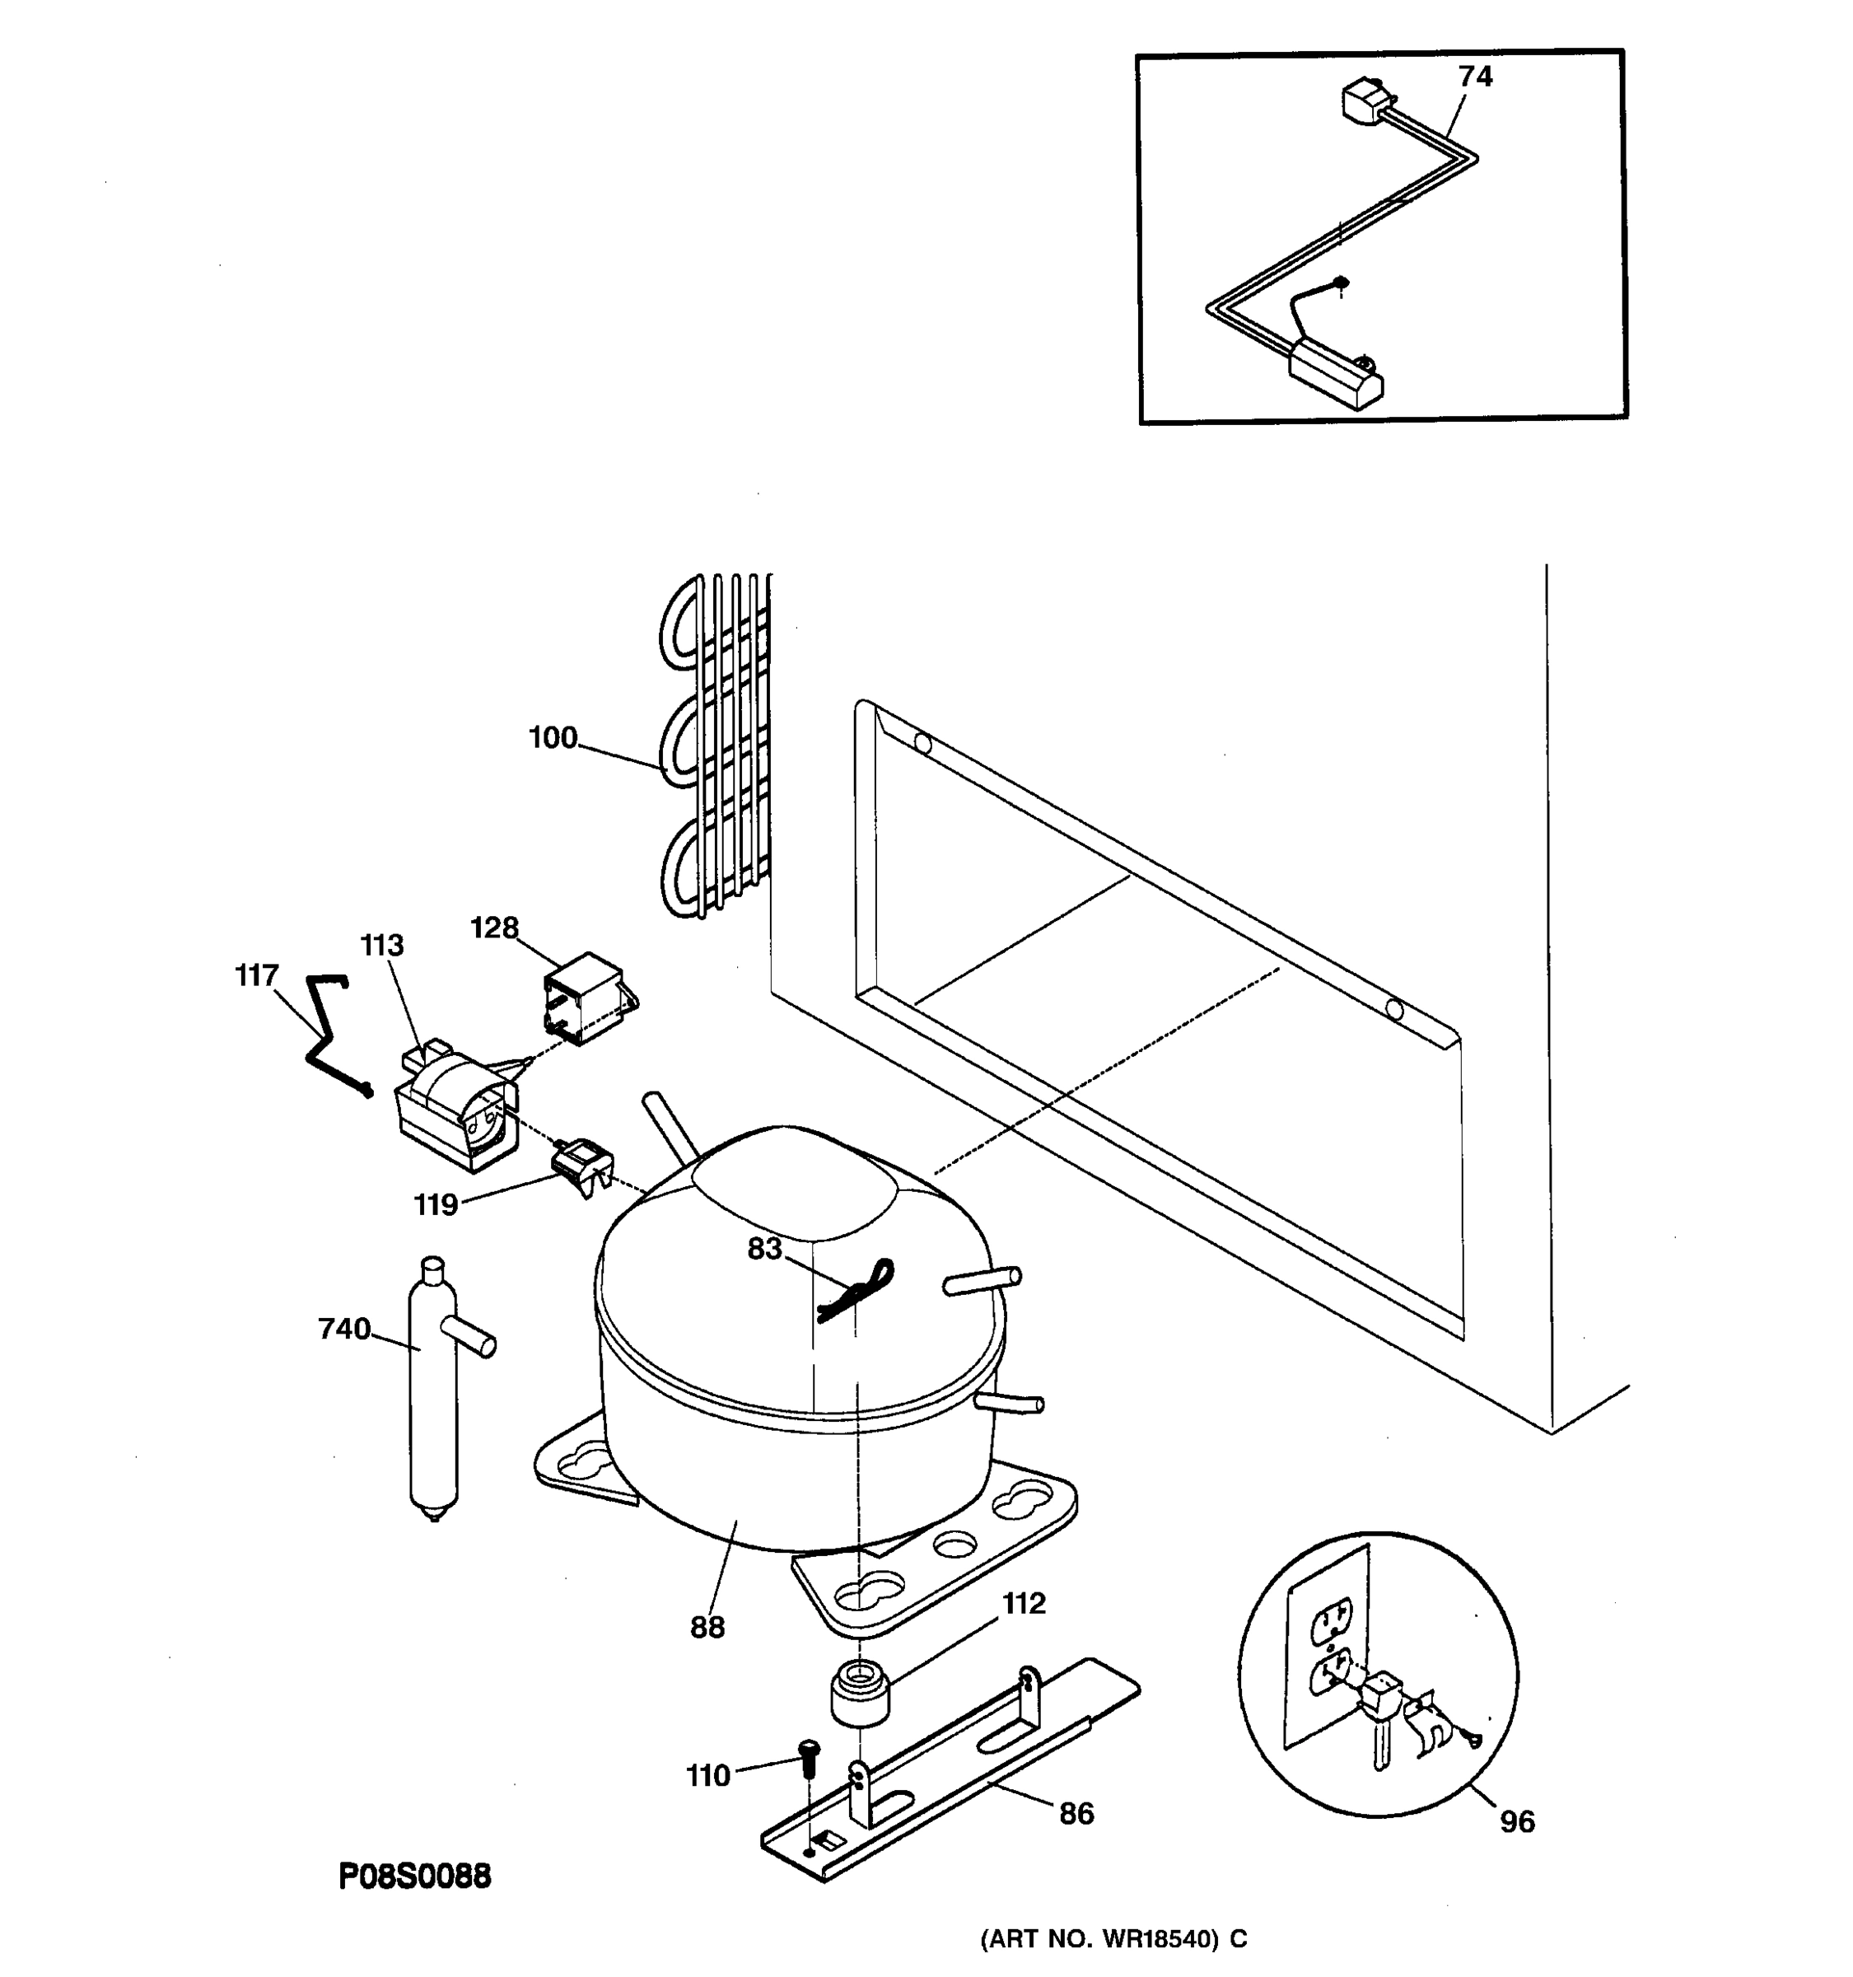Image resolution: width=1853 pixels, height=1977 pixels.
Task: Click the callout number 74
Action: pyautogui.click(x=1475, y=77)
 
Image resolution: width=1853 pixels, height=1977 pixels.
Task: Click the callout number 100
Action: pyautogui.click(x=553, y=738)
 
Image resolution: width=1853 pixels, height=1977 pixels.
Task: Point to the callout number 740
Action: pyautogui.click(x=344, y=1329)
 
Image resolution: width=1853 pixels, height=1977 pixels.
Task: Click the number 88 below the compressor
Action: pyautogui.click(x=707, y=1627)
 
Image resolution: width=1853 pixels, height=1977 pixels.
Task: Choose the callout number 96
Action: pyautogui.click(x=1517, y=1822)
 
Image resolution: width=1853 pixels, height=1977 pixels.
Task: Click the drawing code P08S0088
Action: pyautogui.click(x=414, y=1877)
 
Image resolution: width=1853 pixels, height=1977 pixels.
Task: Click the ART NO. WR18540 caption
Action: pyautogui.click(x=1113, y=1938)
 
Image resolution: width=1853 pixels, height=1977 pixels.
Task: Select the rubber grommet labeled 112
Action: pyautogui.click(x=860, y=1690)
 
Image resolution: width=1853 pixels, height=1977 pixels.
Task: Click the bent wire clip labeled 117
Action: pyautogui.click(x=328, y=1035)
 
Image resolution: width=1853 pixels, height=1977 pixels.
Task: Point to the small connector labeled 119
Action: pyautogui.click(x=581, y=1165)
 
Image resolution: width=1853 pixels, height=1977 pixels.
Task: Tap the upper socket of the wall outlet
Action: pyautogui.click(x=1332, y=1624)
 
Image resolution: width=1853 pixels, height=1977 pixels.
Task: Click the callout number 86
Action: pyautogui.click(x=1076, y=1813)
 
